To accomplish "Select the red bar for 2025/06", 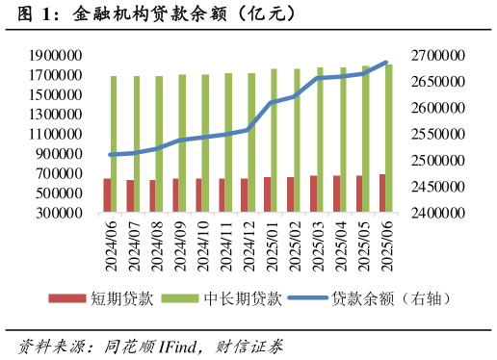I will coord(382,193).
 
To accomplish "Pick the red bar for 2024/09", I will coord(175,195).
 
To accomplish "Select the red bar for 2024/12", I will coord(245,195).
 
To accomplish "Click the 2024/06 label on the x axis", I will coord(111,245).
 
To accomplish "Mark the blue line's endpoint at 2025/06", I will coord(386,63).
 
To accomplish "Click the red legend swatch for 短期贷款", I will coord(66,299).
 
